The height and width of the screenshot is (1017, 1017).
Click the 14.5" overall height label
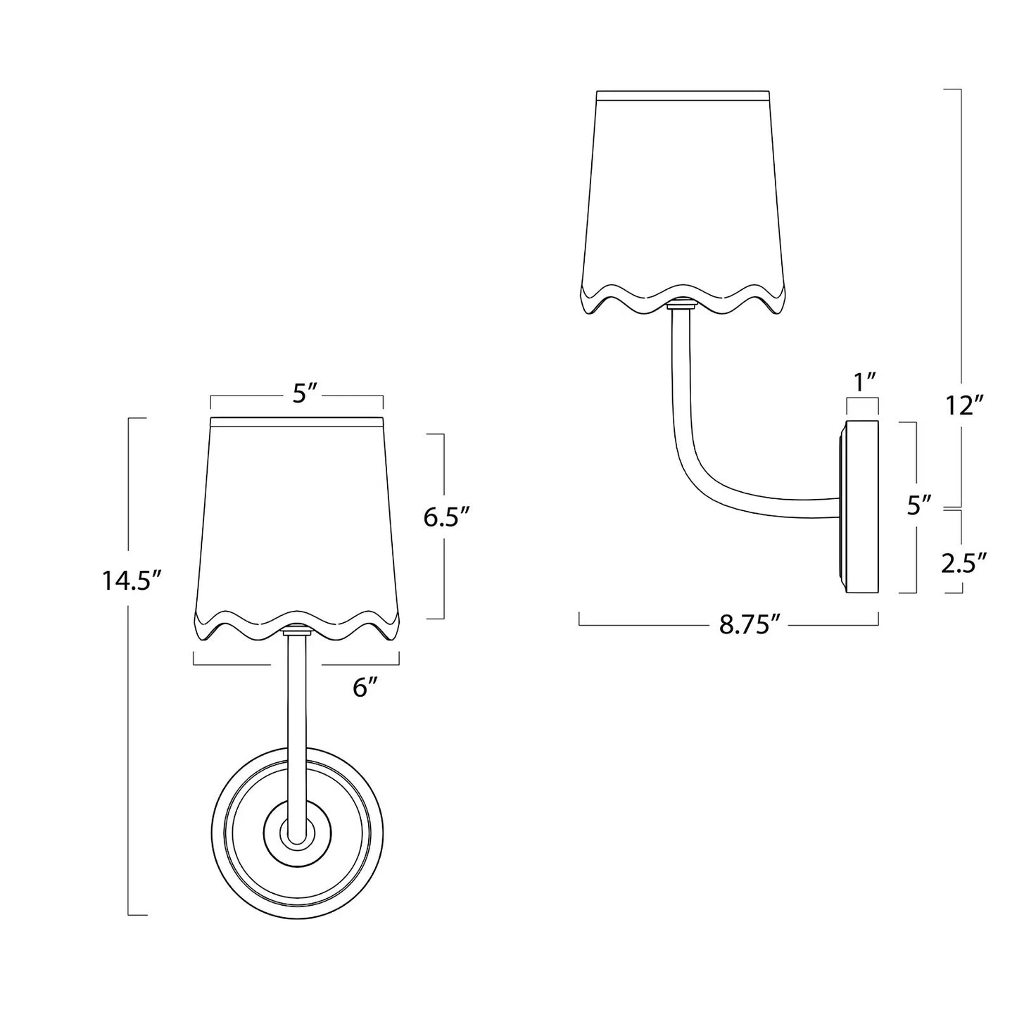[x=132, y=581]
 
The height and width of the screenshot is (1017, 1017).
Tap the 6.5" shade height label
[x=446, y=518]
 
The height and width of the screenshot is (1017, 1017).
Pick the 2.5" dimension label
[x=964, y=562]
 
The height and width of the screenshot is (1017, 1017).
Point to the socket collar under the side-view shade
[x=681, y=306]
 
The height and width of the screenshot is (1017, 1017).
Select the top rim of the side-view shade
[x=682, y=93]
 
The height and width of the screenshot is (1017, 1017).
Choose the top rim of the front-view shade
[x=297, y=421]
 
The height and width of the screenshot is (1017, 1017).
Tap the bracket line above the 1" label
[x=863, y=399]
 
